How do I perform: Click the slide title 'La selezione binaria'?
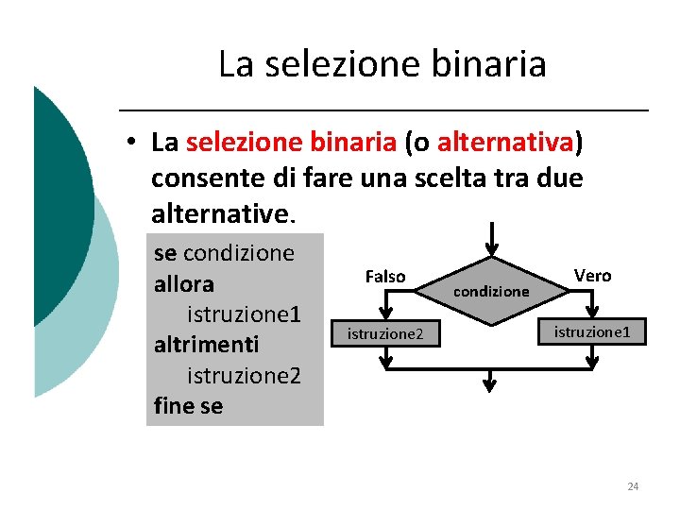pos(382,64)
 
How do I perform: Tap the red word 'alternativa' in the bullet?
pos(505,142)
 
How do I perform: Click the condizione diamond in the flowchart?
pos(490,291)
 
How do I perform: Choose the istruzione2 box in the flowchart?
pos(385,333)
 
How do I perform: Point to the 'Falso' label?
pos(384,277)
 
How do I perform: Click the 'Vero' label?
pos(592,276)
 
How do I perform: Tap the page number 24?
pos(633,486)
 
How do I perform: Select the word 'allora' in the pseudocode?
pos(183,284)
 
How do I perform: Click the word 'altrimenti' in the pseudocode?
pos(205,343)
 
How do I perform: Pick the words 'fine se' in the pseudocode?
pos(188,405)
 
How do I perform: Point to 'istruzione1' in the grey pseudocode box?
pos(244,314)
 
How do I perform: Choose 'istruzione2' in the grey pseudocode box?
pos(244,375)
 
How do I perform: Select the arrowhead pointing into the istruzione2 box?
pos(385,314)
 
